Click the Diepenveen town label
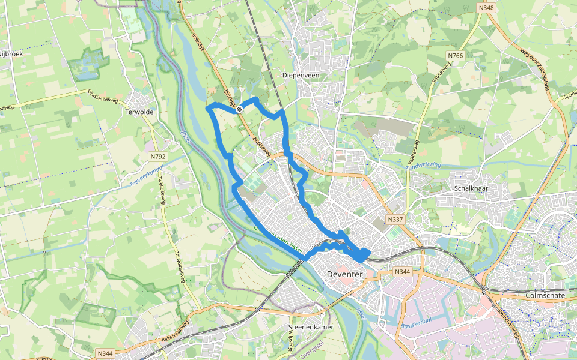(x=301, y=76)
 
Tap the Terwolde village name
(x=139, y=112)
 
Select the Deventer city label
(x=345, y=274)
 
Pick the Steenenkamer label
(x=311, y=328)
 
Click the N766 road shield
(x=456, y=56)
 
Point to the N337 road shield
(x=395, y=220)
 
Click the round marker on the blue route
(x=239, y=109)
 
